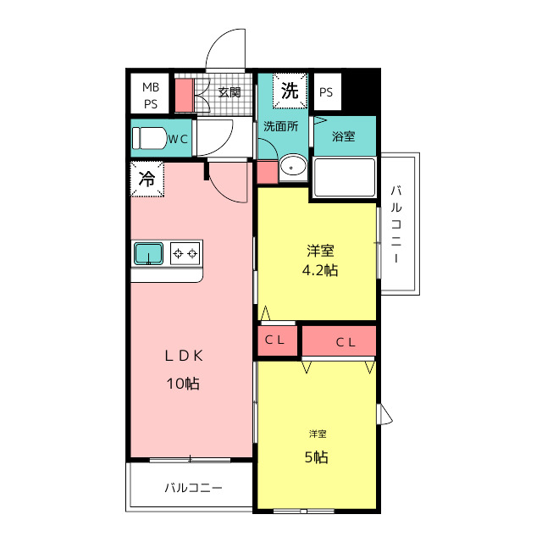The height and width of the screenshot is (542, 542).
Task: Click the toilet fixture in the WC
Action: coord(149,138)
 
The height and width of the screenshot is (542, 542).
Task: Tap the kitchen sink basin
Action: coord(149,253)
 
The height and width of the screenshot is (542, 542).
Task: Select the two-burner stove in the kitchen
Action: coord(185,254)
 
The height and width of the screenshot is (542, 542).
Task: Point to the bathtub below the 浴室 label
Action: coord(345,177)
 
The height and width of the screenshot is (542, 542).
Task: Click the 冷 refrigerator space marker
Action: coord(147,179)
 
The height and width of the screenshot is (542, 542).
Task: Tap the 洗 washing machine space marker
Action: coord(290,91)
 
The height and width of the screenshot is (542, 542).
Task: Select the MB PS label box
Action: coord(151,95)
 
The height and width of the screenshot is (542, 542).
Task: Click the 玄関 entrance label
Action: coord(230,92)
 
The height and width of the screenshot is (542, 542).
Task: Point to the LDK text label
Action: coord(184,356)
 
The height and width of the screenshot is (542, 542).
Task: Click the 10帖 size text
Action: coord(183,384)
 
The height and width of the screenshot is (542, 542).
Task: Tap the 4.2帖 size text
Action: coord(320,270)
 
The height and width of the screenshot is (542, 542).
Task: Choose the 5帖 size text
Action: coord(316,457)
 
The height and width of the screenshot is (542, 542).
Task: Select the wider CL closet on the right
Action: coord(339,341)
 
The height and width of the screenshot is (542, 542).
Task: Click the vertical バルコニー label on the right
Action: coord(396,224)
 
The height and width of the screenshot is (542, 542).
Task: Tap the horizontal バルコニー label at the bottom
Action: coord(194,488)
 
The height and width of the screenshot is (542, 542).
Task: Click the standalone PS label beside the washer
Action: coord(326,92)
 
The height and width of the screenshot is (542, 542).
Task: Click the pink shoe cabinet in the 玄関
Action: coord(185,96)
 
